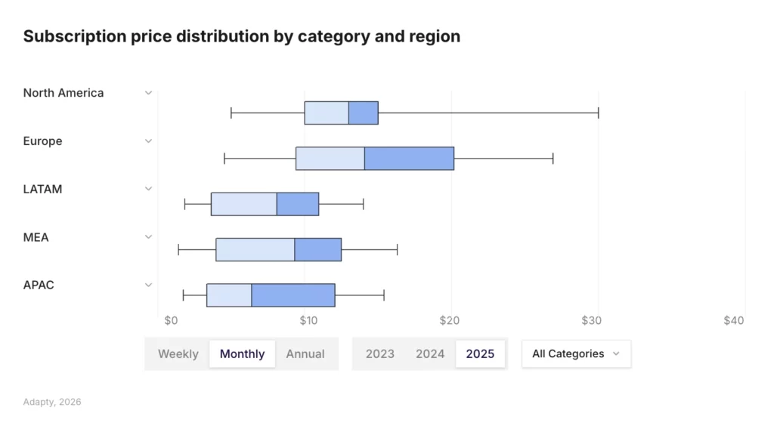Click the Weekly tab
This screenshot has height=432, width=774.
pos(178,353)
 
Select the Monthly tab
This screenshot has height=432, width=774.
pos(242,353)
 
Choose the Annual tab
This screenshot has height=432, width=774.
pos(305,353)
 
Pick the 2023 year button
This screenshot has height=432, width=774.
pos(379,353)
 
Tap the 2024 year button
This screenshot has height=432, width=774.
pos(430,353)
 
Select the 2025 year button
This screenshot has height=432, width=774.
pos(480,353)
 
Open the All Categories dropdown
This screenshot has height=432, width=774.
pos(576,353)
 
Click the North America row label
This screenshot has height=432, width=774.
pos(63,93)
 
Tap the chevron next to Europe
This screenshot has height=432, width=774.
pos(149,141)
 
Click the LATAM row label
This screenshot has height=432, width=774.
pos(42,190)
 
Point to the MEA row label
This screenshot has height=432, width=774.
pos(36,237)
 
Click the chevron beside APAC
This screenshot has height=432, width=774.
pos(149,285)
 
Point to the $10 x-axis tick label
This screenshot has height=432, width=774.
pos(308,320)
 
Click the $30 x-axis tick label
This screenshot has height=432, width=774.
pos(591,320)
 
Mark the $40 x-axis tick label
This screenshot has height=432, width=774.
pos(733,320)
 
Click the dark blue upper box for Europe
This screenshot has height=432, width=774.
pos(409,159)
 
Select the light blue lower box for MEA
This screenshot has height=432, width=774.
pos(255,249)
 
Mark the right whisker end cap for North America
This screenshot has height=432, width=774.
pos(598,113)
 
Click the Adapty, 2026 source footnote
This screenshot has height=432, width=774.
pos(52,402)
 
